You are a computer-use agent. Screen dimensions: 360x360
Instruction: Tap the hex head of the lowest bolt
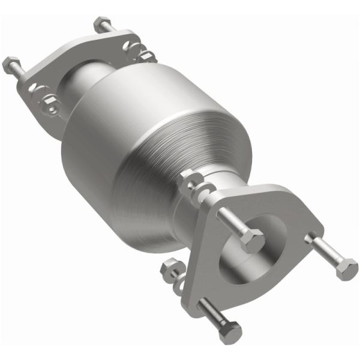(x=231, y=331)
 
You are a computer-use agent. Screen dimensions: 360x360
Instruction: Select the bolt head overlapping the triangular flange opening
(x=253, y=241)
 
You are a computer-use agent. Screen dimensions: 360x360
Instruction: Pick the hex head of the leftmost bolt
(x=11, y=64)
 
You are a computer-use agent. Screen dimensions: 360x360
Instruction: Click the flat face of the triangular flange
(x=282, y=210)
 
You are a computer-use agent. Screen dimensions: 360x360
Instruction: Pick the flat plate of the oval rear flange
(x=66, y=66)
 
